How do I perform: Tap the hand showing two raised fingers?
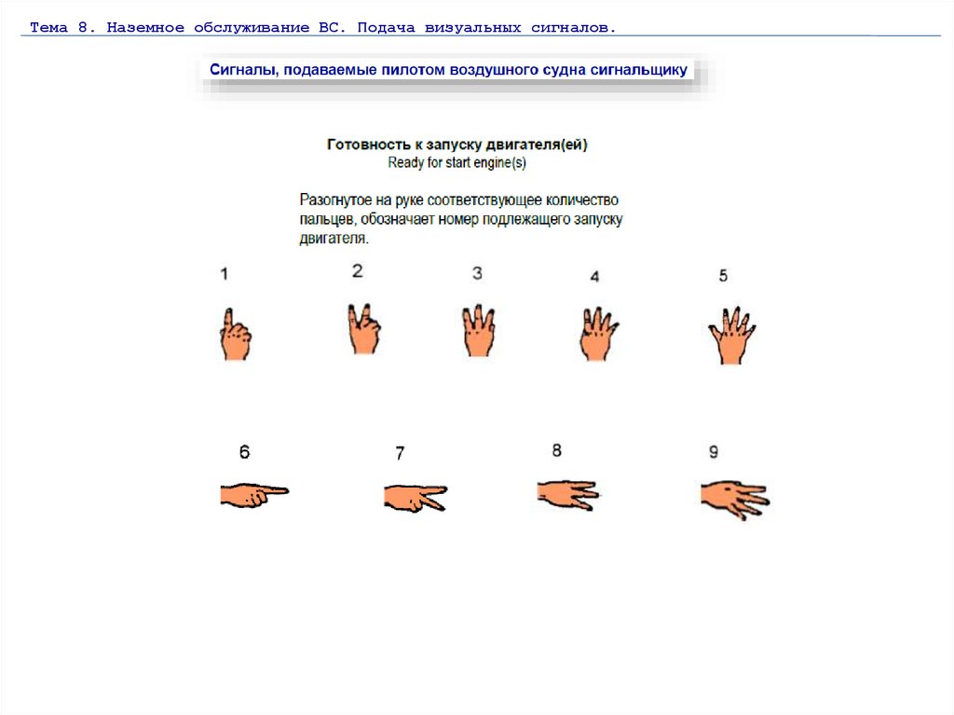point(364,329)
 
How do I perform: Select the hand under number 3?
point(479,331)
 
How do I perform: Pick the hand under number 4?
point(597,335)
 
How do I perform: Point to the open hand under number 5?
point(731,336)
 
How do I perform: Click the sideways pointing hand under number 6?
point(253,495)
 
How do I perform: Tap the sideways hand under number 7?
point(415,498)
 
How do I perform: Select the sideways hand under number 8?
point(568,495)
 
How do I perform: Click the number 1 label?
point(224,274)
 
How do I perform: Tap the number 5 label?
point(723,276)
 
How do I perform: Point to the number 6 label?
point(244,452)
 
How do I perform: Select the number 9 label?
point(714,452)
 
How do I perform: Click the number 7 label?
point(400,453)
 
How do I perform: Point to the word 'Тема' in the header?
point(48,27)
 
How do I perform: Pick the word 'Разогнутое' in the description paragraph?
point(335,200)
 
